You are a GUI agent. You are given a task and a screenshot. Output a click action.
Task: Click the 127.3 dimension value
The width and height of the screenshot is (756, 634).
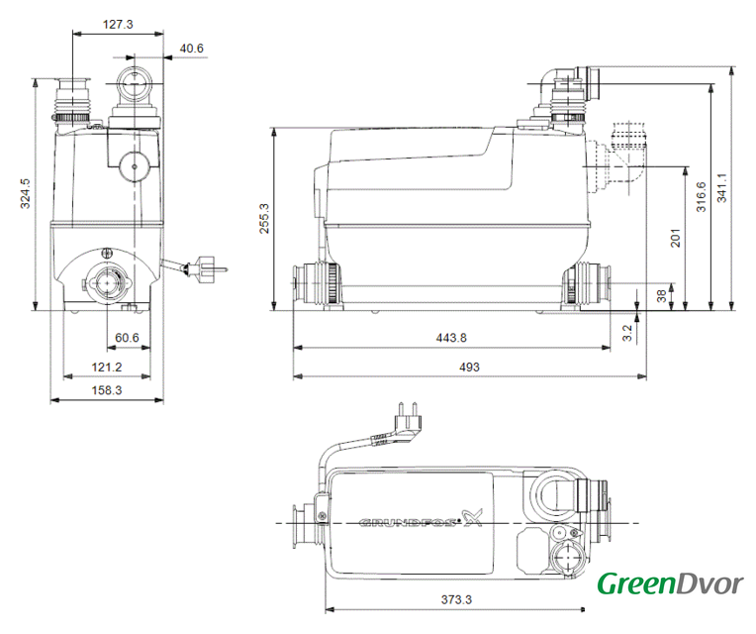[x=118, y=24]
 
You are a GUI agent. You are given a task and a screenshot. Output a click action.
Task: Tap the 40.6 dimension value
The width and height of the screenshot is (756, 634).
[x=191, y=49]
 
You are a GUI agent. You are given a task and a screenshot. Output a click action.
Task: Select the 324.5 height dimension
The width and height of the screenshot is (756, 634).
[x=25, y=193]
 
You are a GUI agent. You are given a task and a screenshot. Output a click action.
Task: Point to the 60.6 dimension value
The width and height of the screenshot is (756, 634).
[x=127, y=338]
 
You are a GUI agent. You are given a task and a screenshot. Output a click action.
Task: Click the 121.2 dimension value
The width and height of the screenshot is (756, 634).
[x=107, y=368]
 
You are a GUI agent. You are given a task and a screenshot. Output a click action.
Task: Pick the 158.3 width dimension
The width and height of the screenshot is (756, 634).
[x=107, y=390]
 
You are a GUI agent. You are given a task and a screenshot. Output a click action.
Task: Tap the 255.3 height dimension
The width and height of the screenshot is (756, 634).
[x=264, y=219]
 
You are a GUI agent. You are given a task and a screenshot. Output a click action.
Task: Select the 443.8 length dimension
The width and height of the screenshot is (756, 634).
[x=451, y=338]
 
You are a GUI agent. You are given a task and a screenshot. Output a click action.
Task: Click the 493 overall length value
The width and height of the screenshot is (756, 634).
[x=469, y=368]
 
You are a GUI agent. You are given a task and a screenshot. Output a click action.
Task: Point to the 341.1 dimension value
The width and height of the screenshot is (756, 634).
[x=721, y=187]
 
